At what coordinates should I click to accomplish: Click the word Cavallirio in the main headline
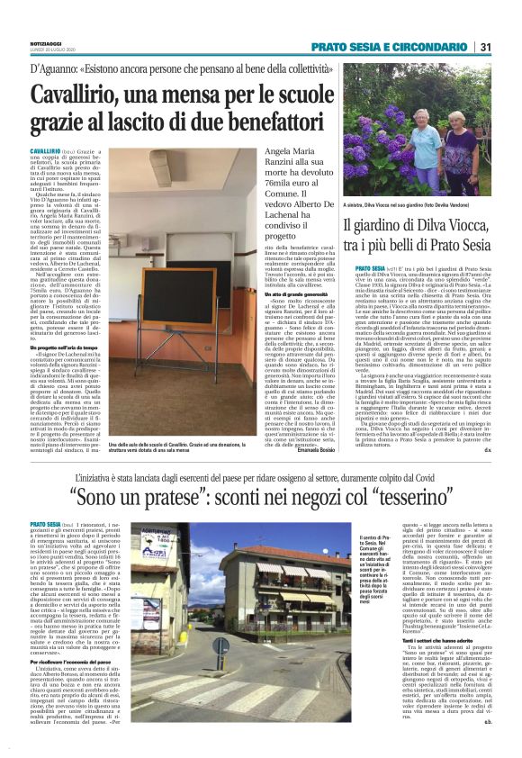[74, 95]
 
